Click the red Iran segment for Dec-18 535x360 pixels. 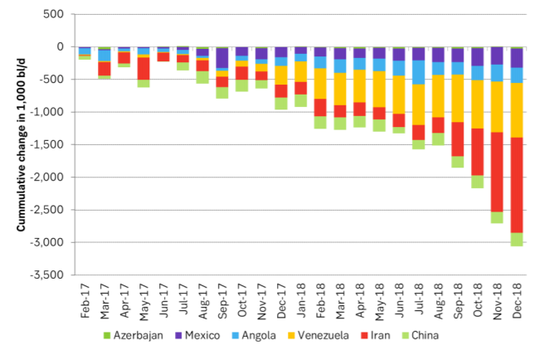(517, 184)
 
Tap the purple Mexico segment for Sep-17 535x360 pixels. (222, 57)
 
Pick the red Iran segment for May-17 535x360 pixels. (143, 68)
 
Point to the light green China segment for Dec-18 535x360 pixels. (517, 239)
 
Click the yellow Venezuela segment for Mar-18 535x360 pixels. (340, 89)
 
